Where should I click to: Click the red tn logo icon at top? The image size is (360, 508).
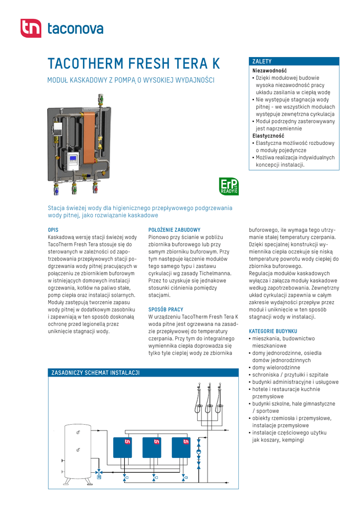click(31, 28)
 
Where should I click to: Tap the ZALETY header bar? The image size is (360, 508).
click(295, 62)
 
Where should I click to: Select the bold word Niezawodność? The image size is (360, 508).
click(270, 70)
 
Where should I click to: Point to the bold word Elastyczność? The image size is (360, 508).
click(268, 135)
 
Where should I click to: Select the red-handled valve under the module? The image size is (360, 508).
click(95, 188)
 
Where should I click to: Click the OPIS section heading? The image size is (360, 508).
click(53, 230)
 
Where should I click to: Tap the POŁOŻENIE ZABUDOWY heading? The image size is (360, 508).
click(174, 230)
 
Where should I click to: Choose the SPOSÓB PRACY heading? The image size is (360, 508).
click(166, 309)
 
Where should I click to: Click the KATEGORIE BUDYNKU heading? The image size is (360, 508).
click(273, 331)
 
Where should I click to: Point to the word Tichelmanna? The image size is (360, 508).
click(215, 273)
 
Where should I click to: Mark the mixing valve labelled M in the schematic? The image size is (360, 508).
click(99, 477)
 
